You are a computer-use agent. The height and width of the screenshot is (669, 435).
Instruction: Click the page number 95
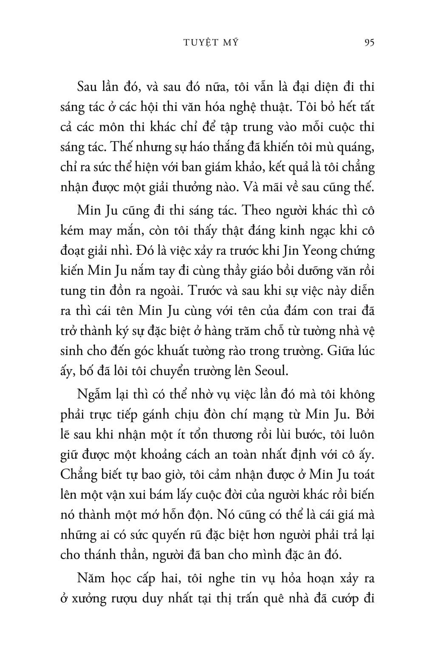[369, 42]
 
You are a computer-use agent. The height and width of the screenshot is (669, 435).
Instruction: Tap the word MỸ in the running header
[229, 42]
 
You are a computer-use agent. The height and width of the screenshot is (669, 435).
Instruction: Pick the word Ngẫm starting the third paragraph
[92, 395]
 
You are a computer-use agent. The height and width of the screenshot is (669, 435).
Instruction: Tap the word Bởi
[364, 414]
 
